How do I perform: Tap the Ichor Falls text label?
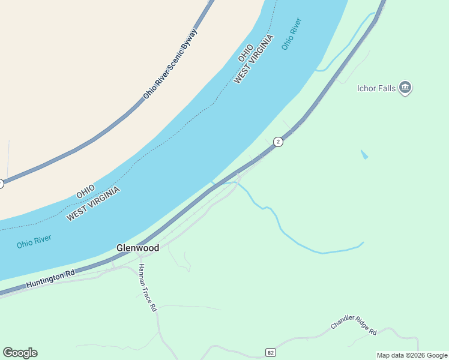[376, 88]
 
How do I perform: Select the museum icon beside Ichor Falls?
[405, 88]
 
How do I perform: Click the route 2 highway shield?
[277, 142]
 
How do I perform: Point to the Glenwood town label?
[137, 248]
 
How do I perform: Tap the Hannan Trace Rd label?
[147, 287]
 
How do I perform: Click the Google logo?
[20, 353]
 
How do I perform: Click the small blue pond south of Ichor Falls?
[364, 154]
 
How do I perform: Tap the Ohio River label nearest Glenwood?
[34, 242]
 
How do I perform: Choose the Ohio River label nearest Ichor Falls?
[291, 34]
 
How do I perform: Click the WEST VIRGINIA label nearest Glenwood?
[93, 204]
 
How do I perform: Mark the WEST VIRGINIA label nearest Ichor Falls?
[254, 59]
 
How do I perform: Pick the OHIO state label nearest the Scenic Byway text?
[245, 52]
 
